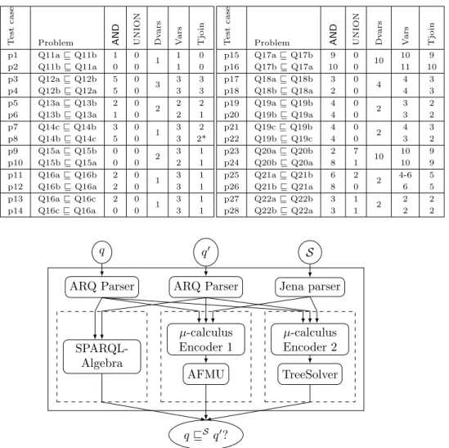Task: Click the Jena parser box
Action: coord(310,287)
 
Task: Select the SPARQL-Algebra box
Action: coord(102,356)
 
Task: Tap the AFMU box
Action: coord(206,374)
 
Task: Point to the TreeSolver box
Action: coord(310,374)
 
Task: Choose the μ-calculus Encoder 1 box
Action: coord(206,339)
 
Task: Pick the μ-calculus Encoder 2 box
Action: coord(310,339)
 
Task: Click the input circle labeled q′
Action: coord(206,252)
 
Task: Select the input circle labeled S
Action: coord(310,252)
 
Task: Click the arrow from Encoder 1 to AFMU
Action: coord(206,360)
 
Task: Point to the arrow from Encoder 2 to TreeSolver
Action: coord(310,360)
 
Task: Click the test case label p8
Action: coord(13,139)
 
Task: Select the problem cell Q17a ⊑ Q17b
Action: coord(284,55)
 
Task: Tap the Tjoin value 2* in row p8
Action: coord(201,138)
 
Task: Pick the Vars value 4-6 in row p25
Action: coord(405,175)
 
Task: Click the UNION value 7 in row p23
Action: coord(356,151)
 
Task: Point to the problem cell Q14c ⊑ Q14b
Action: coord(67,127)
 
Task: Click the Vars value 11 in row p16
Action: coord(405,67)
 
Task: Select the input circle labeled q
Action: coord(102,252)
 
